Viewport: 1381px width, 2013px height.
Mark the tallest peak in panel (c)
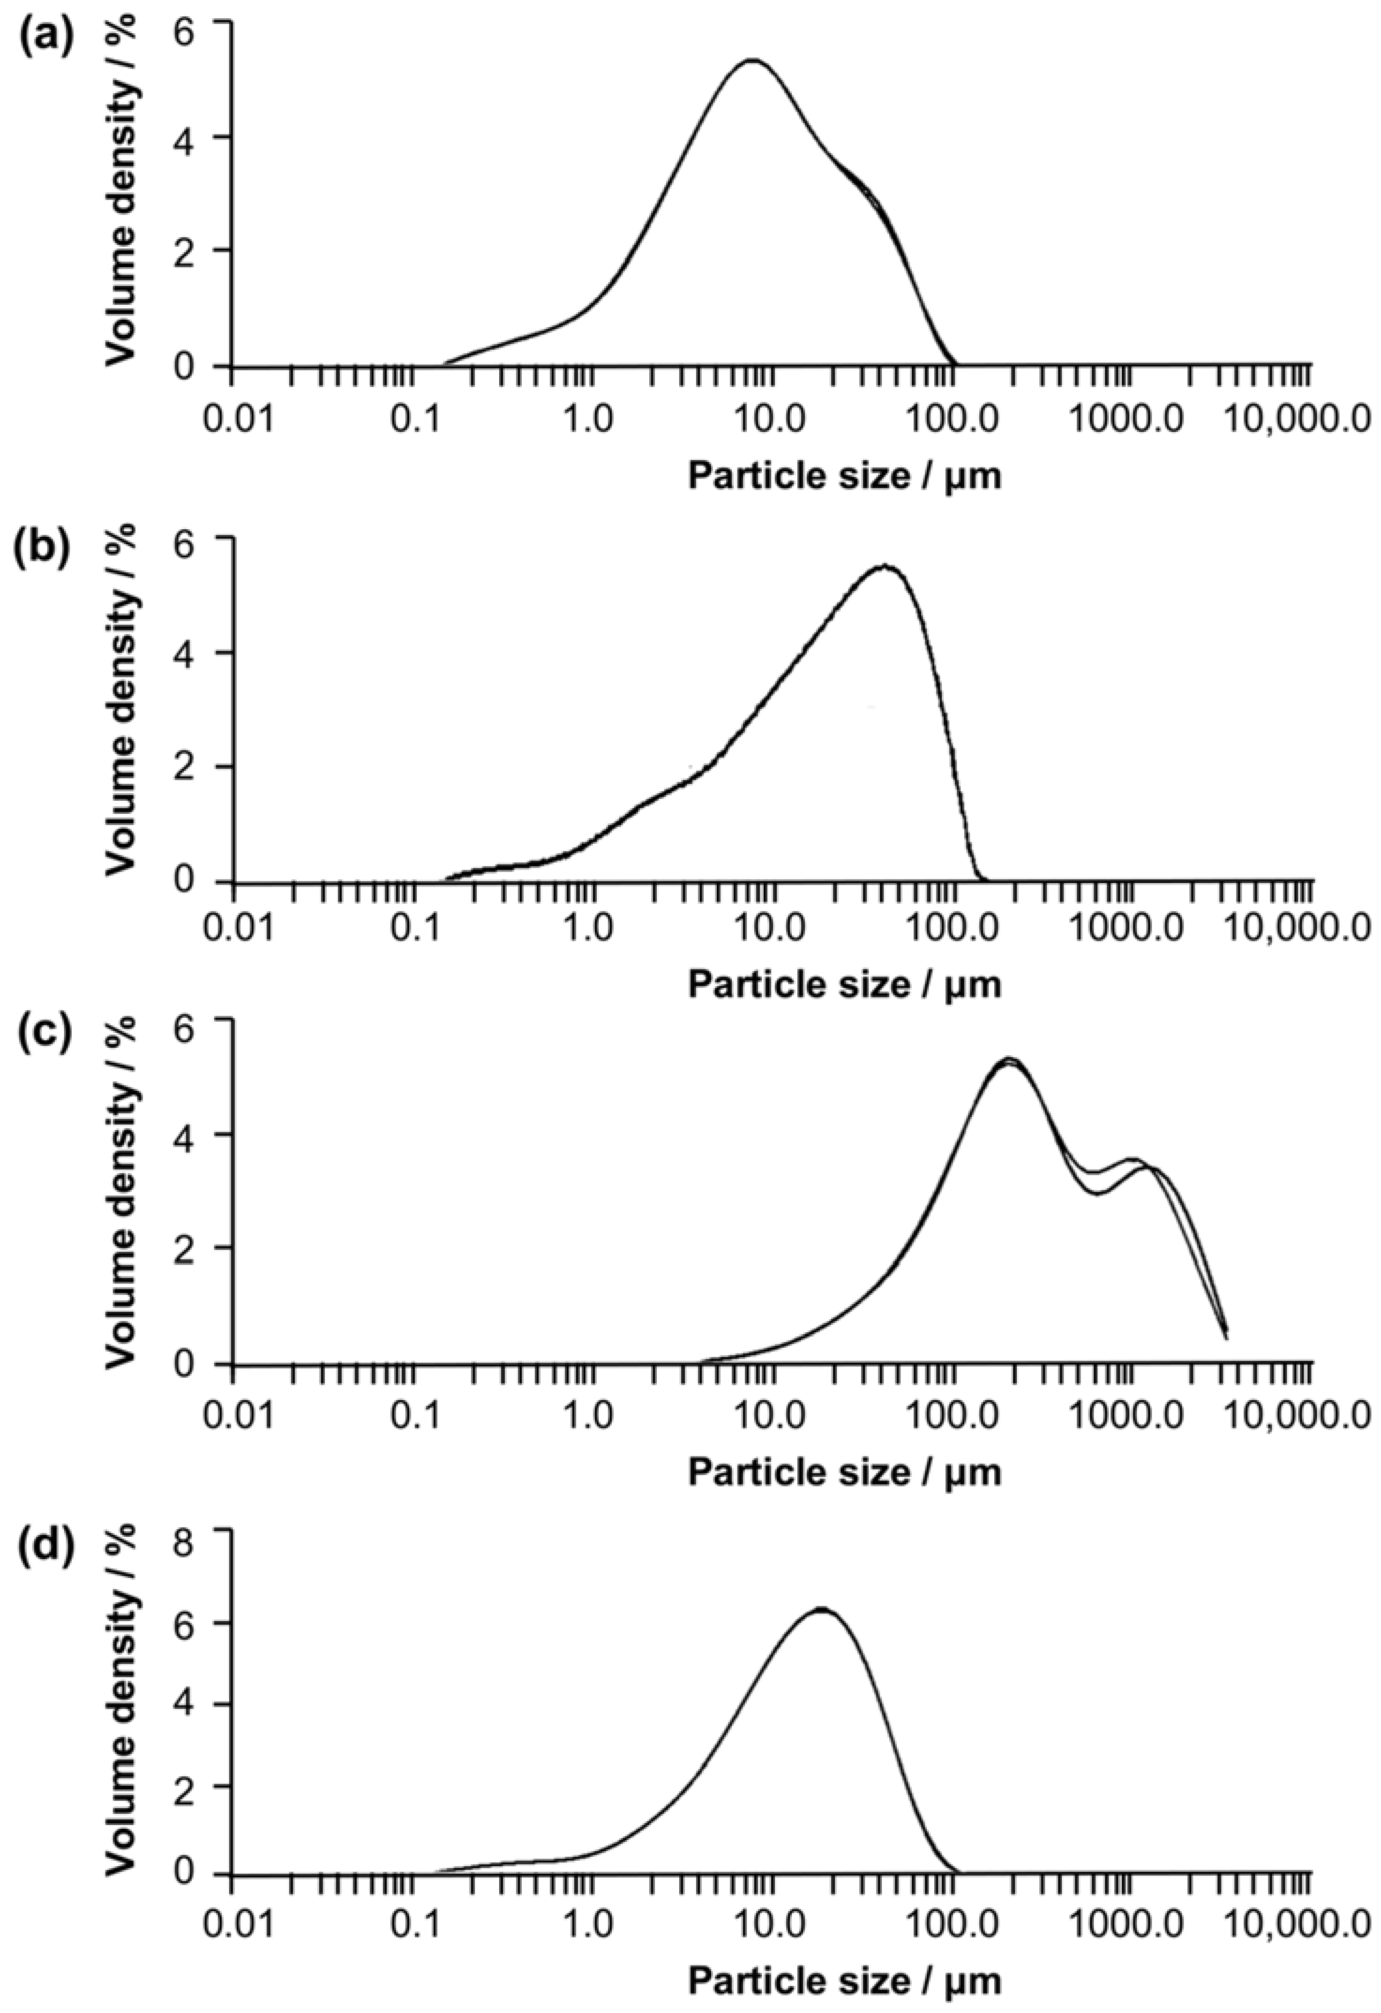coord(1007,1060)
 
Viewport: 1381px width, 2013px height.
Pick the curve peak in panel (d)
coord(819,1608)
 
